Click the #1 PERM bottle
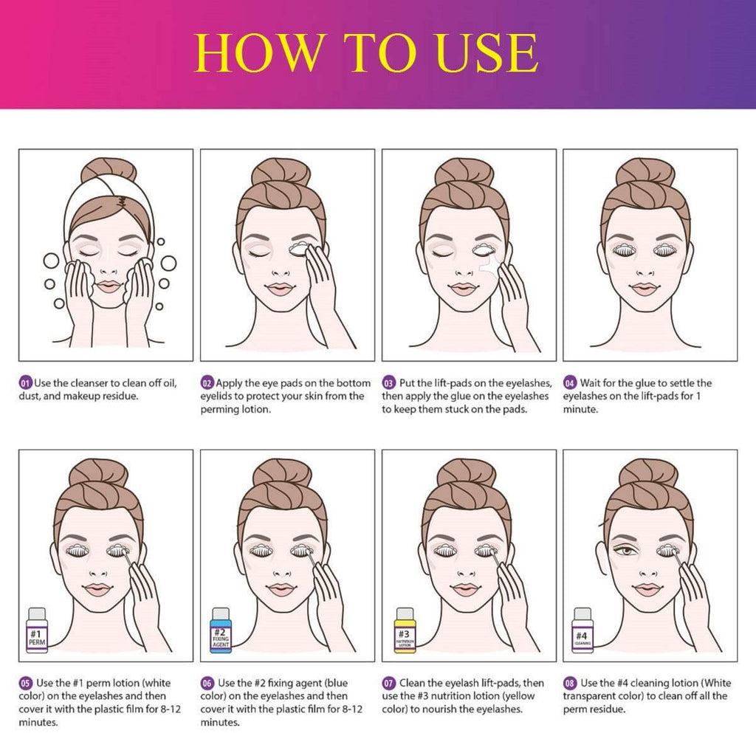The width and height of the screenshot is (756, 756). click(37, 628)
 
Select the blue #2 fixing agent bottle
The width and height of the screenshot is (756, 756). click(220, 628)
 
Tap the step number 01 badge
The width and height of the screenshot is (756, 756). click(25, 383)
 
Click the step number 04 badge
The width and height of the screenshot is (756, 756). click(570, 383)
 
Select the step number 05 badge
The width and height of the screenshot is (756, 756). click(25, 683)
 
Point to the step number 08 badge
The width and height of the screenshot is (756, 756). click(570, 683)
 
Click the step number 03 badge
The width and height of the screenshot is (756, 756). click(388, 383)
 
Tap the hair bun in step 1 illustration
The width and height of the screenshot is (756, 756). click(109, 171)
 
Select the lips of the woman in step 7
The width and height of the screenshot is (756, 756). click(465, 590)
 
